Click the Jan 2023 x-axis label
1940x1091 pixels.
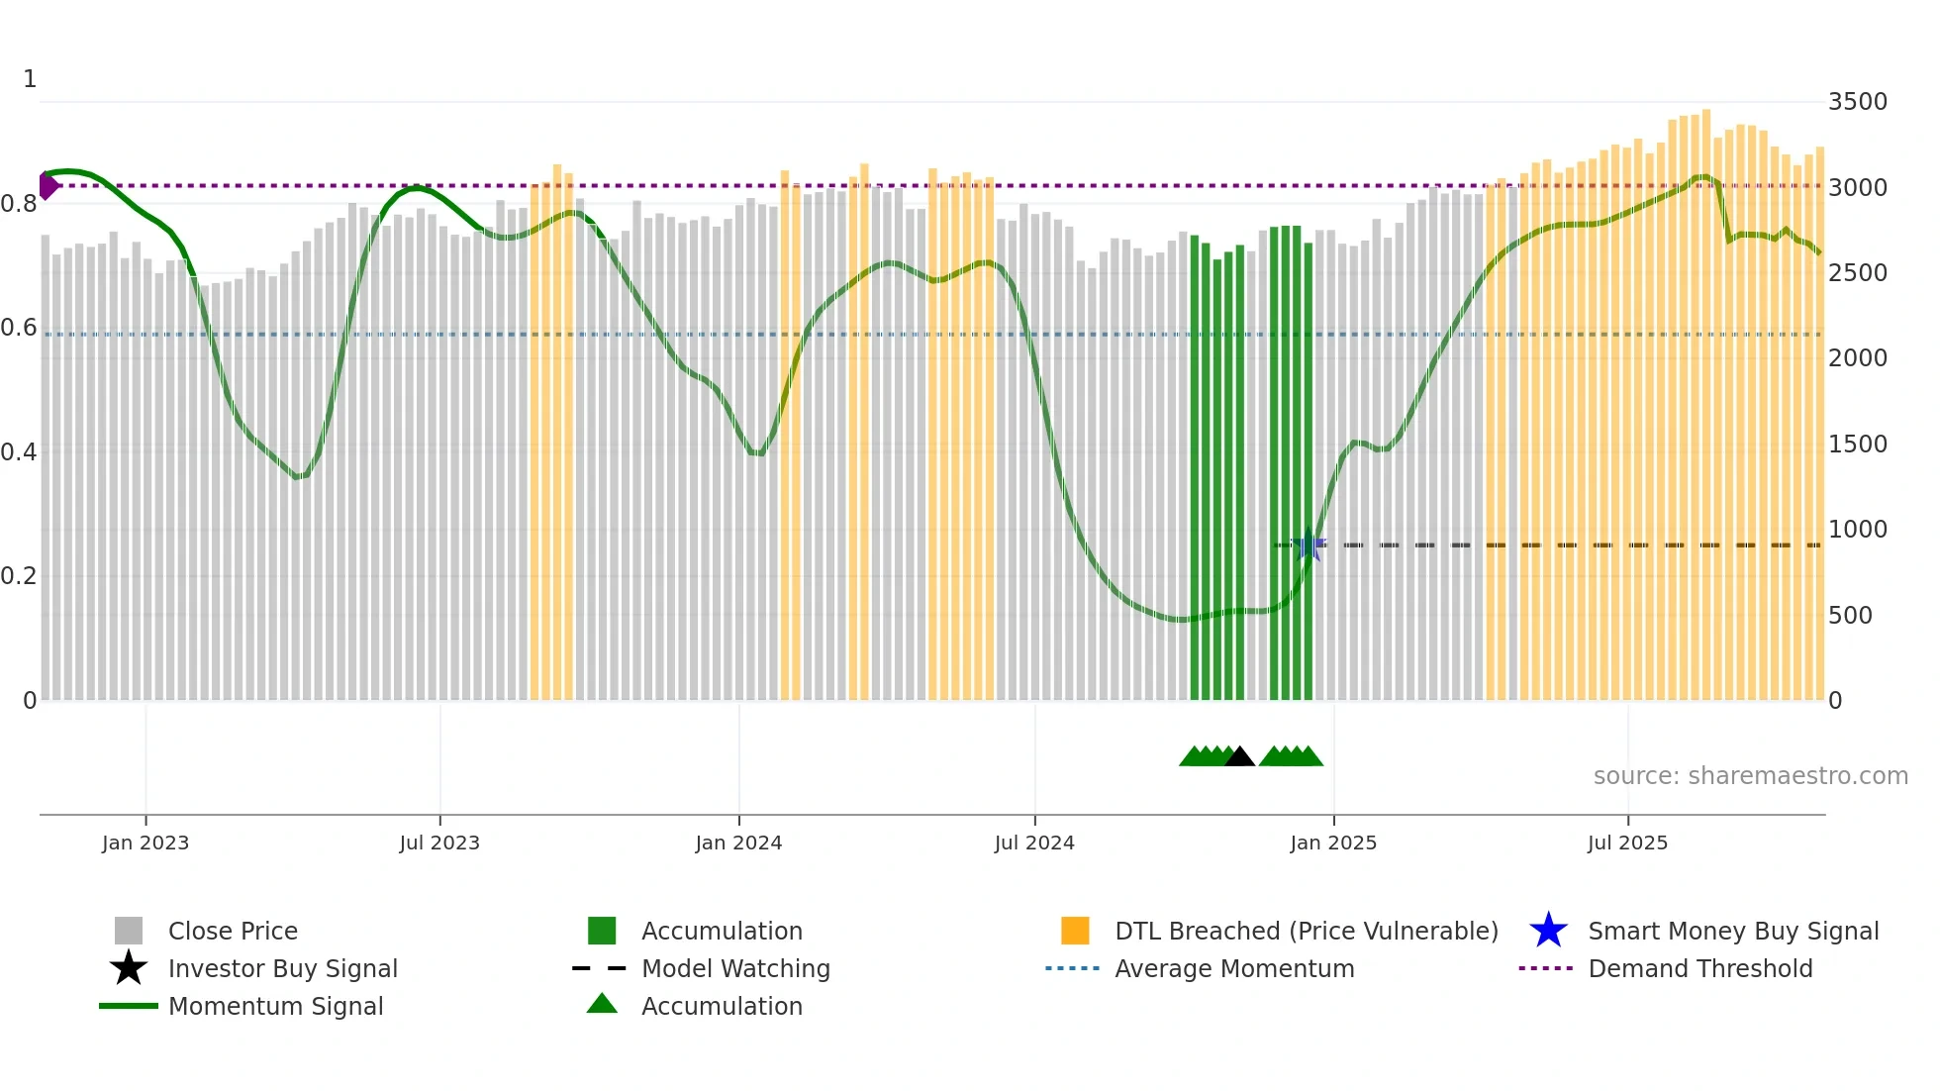coord(145,843)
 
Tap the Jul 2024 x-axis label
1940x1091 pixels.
coord(1034,843)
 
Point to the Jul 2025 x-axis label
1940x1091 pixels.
coord(1627,843)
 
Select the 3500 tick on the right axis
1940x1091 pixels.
coord(1857,102)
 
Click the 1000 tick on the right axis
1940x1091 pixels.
coord(1857,530)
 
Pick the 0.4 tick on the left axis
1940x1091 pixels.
coord(19,452)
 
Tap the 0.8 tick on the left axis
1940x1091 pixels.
coord(19,205)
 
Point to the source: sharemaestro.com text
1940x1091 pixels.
coord(1750,776)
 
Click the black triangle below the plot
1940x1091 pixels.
coord(1239,757)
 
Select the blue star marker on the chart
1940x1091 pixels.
coord(1309,545)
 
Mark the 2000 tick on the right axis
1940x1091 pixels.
coord(1857,358)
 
